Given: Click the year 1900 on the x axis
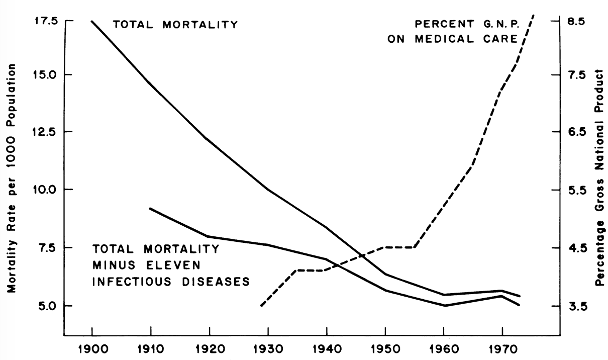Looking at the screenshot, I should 92,349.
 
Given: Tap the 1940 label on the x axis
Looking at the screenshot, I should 327,349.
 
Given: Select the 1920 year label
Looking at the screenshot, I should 210,349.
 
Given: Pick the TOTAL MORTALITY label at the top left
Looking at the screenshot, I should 175,24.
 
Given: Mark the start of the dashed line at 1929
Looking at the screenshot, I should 261,305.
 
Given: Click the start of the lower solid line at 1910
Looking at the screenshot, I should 150,208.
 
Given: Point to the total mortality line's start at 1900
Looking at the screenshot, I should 92,21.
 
